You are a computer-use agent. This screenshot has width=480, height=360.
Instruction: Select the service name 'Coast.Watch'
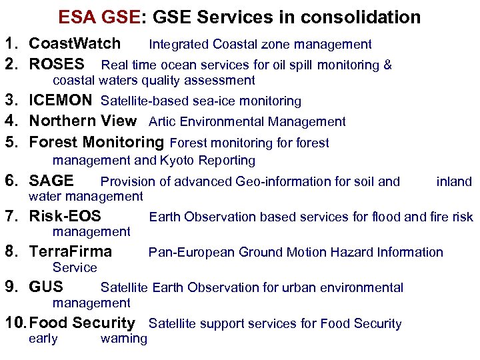[75, 44]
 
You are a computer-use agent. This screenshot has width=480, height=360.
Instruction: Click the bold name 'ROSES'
[57, 65]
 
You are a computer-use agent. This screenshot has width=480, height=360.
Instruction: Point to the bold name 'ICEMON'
[61, 101]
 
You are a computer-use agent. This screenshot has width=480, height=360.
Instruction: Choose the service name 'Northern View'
[83, 121]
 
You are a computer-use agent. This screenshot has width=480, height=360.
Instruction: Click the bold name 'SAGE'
[51, 181]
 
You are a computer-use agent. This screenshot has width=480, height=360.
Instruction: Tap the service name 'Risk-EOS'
[65, 216]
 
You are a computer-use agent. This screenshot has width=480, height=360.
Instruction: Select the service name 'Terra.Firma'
[71, 252]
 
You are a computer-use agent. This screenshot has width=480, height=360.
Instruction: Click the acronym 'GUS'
[46, 287]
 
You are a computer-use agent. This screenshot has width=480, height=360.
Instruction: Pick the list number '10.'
[15, 323]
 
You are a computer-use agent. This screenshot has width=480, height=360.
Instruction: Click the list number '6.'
[11, 181]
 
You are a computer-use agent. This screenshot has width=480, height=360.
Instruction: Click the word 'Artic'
[162, 122]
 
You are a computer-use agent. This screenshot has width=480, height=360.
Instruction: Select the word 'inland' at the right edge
[454, 181]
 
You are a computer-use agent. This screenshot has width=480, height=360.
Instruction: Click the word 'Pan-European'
[191, 252]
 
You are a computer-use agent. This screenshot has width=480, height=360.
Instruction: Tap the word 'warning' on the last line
[123, 339]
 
